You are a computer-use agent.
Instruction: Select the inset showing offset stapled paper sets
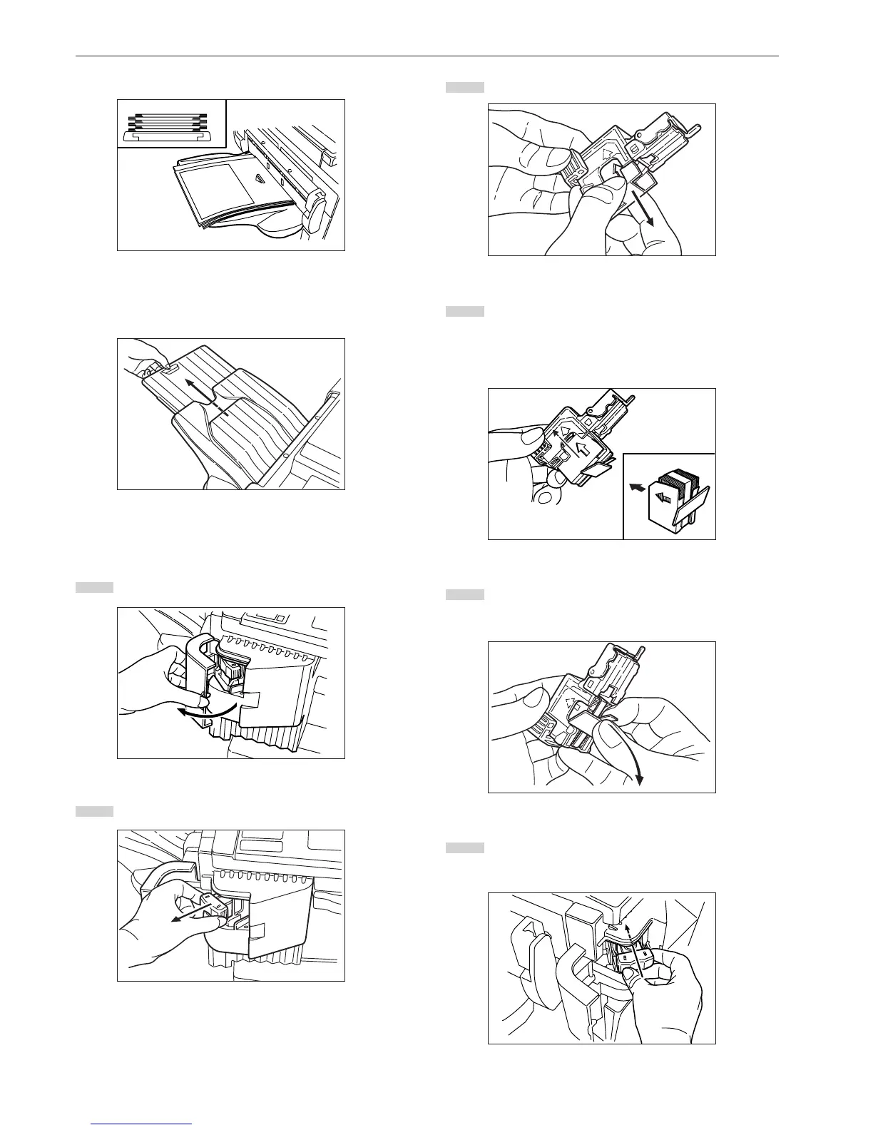tap(171, 123)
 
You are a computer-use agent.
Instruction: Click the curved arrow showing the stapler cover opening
tap(203, 710)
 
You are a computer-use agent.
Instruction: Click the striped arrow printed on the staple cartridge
tap(663, 497)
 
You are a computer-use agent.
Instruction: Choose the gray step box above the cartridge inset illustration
tap(465, 311)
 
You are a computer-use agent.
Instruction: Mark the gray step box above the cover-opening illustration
tap(94, 587)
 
